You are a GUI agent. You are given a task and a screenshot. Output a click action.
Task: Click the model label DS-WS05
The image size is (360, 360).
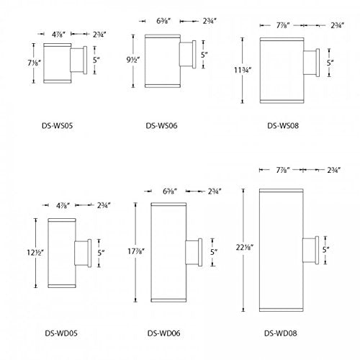tap(57, 125)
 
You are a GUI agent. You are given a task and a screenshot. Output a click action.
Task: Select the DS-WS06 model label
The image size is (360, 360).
tap(161, 125)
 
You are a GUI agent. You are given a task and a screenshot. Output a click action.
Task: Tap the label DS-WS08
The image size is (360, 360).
tap(283, 125)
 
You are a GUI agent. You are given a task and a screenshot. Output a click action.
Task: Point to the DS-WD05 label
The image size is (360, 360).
tap(61, 333)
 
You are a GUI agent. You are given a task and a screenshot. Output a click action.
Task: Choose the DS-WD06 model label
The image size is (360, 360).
tap(163, 333)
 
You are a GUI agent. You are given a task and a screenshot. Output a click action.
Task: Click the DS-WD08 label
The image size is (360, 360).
tap(281, 333)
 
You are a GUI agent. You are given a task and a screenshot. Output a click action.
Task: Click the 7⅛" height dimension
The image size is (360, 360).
tap(34, 63)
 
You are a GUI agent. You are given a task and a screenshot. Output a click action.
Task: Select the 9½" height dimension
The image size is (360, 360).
tap(133, 60)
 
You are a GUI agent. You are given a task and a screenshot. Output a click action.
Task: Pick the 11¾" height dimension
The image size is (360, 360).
tap(243, 71)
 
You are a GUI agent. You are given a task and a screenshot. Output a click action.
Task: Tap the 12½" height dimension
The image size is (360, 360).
tap(35, 253)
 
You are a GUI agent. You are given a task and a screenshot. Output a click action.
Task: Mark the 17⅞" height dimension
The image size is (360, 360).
tap(136, 251)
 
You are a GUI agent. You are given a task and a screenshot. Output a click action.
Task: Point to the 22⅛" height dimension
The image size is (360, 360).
tap(245, 247)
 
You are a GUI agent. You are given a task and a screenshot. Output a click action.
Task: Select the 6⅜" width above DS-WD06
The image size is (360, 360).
tap(170, 192)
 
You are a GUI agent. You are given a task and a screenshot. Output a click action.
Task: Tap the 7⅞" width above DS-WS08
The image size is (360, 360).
tap(283, 25)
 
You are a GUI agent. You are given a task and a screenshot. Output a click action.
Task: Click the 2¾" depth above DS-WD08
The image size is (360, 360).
tap(334, 170)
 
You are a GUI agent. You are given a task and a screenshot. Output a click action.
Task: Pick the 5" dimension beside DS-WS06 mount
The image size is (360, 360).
tap(204, 55)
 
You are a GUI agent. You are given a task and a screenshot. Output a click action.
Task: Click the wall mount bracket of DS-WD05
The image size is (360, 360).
tap(83, 253)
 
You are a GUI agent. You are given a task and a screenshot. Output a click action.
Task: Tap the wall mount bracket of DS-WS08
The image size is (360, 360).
tap(312, 63)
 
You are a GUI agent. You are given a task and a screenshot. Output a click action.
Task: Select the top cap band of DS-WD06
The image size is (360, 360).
tap(168, 204)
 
